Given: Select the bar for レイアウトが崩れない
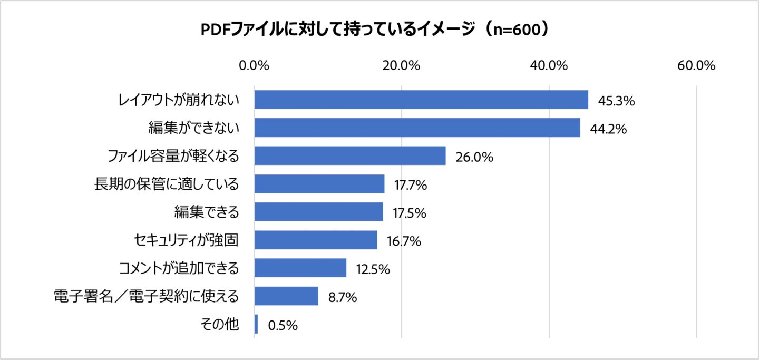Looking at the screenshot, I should [421, 100].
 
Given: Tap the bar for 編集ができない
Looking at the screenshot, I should [417, 128].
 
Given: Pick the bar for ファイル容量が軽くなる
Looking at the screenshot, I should [350, 156].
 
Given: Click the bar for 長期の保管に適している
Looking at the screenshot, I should [319, 184].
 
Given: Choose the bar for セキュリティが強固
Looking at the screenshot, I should [316, 240].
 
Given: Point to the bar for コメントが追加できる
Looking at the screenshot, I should [300, 268].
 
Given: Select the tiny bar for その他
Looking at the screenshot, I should [256, 324].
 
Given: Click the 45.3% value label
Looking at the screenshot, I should [616, 101].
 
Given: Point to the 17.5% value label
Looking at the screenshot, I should [409, 213].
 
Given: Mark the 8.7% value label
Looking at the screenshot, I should [343, 297].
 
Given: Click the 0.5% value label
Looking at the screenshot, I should [283, 326].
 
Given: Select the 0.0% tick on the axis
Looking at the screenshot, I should [254, 66].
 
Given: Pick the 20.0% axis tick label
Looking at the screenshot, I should [402, 66].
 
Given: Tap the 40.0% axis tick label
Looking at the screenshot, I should [549, 66].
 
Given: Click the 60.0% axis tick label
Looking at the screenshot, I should [696, 66].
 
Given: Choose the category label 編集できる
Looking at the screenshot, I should [207, 212].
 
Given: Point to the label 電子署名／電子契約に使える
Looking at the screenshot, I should [147, 296].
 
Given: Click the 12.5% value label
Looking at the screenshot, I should [373, 269].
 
